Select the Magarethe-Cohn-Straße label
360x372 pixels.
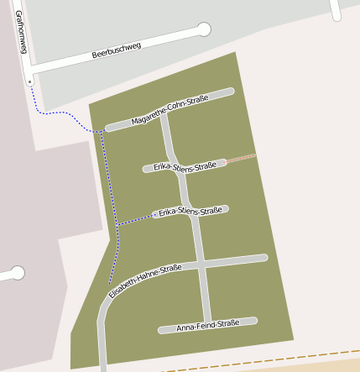170,110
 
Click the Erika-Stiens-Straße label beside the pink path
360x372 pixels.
185,166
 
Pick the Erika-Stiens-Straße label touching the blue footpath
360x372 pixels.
190,211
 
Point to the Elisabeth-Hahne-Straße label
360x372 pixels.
145,280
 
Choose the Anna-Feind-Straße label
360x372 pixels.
208,323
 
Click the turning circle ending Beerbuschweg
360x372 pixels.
203,29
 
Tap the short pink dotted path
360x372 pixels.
241,157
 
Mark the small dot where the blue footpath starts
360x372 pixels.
30,81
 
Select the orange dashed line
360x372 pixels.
260,362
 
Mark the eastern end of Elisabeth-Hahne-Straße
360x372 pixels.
263,257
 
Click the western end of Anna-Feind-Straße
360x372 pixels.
162,330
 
